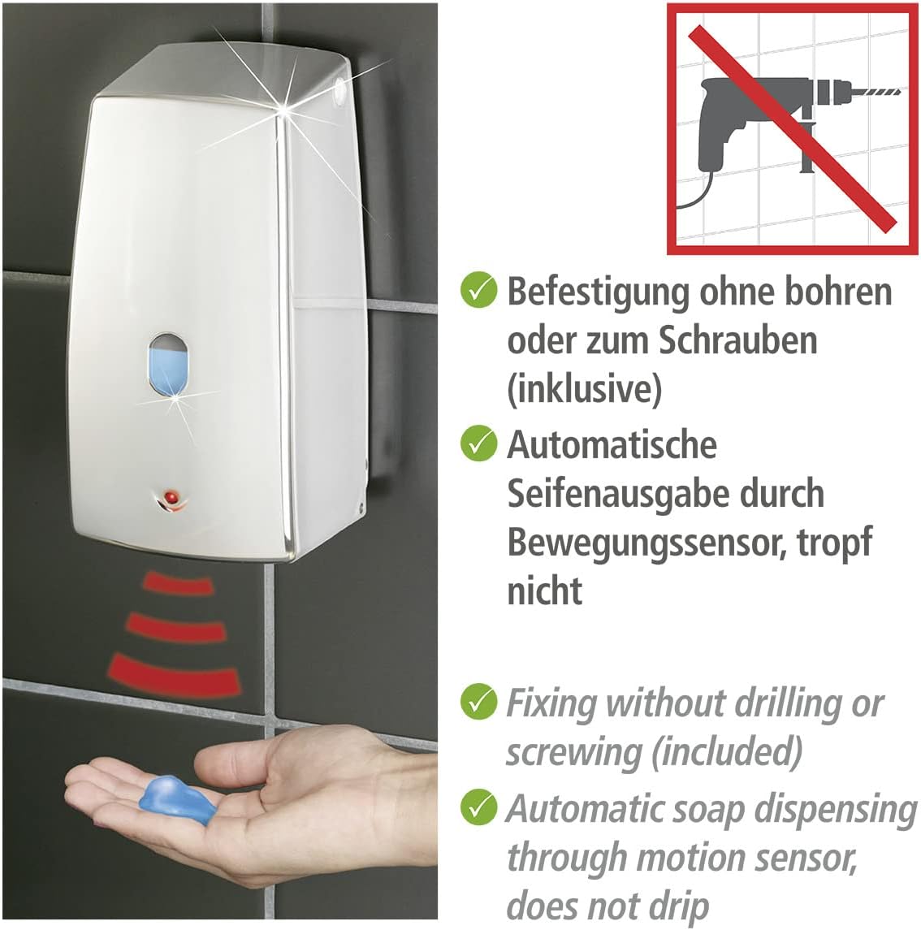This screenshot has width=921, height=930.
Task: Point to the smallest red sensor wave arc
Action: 178,582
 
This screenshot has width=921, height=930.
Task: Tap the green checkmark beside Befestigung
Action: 478,291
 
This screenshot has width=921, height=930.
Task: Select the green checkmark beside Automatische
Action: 478,443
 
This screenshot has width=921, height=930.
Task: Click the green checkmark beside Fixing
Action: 478,702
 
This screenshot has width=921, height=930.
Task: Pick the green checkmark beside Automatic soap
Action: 478,807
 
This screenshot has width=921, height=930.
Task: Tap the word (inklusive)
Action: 584,389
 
